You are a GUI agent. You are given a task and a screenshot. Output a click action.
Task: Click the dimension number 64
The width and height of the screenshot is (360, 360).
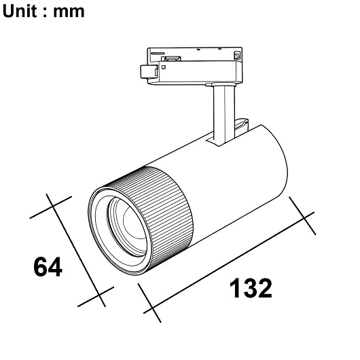[48, 267]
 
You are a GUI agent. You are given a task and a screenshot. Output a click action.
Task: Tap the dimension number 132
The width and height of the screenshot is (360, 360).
[249, 289]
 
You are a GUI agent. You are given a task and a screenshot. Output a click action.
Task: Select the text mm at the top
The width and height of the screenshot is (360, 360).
[70, 12]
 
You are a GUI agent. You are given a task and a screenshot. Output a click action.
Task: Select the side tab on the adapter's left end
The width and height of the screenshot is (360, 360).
[145, 71]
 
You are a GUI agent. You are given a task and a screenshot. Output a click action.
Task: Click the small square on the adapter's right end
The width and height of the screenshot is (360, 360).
[237, 56]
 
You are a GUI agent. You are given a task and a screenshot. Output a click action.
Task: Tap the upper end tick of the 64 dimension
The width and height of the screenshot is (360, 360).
[51, 206]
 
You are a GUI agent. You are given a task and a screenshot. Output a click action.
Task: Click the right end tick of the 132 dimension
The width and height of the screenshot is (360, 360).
[302, 214]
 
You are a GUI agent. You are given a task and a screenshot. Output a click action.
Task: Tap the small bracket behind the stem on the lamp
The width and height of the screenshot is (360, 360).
[239, 125]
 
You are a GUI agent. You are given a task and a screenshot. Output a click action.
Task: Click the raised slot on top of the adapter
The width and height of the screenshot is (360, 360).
[166, 58]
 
